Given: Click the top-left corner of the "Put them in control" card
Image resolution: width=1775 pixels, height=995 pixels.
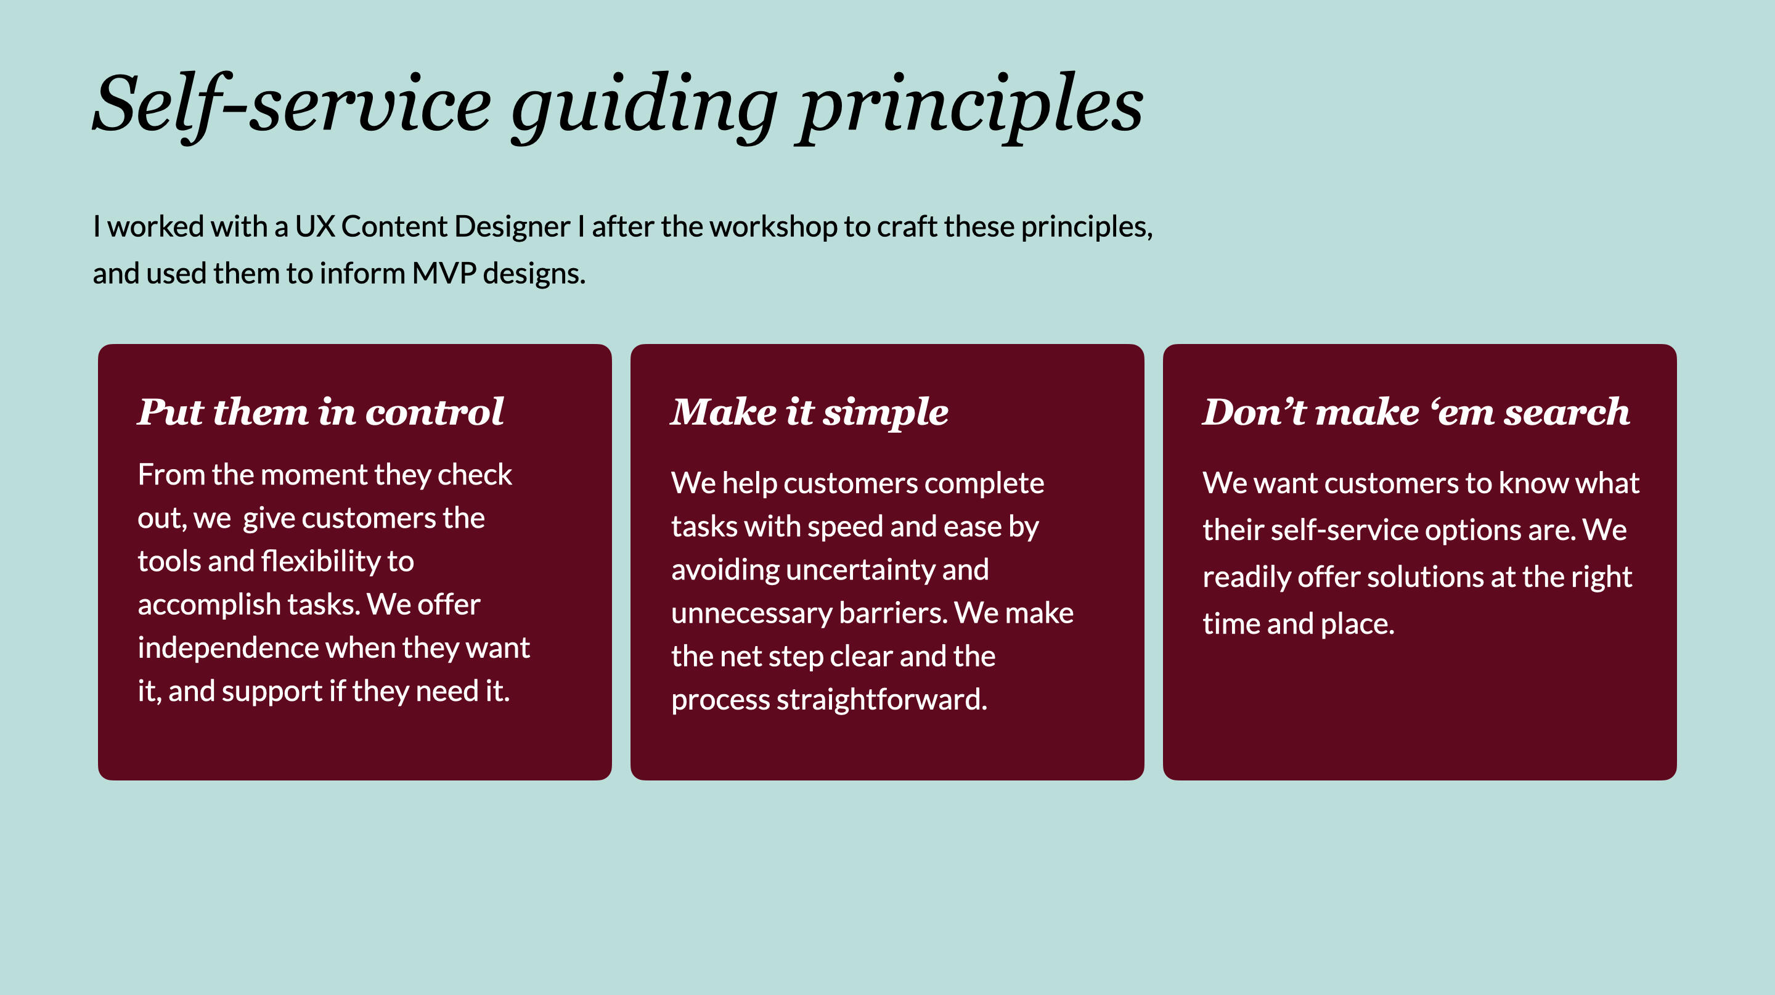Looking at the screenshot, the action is coord(99,345).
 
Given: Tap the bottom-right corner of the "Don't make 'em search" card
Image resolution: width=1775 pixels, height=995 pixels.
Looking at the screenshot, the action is coord(1676,780).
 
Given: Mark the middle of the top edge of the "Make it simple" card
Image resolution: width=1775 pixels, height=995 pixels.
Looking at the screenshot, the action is coord(887,345).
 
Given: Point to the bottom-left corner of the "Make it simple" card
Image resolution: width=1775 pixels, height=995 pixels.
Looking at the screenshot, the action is coord(630,780).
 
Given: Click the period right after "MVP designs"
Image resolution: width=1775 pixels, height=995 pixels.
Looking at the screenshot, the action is coord(582,282).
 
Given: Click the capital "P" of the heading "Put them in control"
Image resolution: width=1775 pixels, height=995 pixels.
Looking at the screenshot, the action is coord(153,412).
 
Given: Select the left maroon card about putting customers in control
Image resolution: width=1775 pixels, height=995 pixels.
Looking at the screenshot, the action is coord(355,562).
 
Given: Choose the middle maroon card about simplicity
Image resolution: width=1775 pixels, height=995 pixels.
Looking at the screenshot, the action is coord(887,562).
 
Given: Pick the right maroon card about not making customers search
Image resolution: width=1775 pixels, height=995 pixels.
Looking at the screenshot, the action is coord(1420,562).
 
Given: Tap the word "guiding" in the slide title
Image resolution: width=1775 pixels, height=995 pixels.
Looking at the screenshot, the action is coord(645,109).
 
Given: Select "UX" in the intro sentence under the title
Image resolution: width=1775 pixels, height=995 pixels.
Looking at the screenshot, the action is coord(315,227).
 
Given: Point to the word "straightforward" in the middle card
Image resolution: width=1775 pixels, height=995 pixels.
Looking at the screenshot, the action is coord(882,699).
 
